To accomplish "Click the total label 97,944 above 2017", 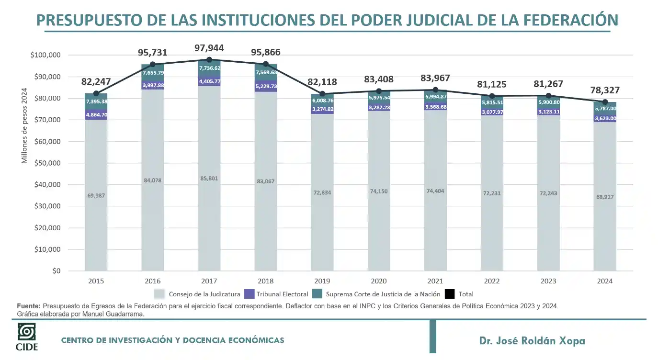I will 209,48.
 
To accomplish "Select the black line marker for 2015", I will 96,93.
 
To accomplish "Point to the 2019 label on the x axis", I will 322,281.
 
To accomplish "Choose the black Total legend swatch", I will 450,294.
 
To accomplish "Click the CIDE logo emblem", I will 26,332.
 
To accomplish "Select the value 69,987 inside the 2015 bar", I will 96,195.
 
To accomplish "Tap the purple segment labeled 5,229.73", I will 266,86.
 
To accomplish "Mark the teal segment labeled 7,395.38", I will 96,101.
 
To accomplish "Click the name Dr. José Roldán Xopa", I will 532,341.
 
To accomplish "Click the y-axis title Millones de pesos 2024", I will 24,126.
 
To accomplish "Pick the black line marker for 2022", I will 492,96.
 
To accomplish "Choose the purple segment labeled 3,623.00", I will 605,118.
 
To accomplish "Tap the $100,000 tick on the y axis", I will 45,55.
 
